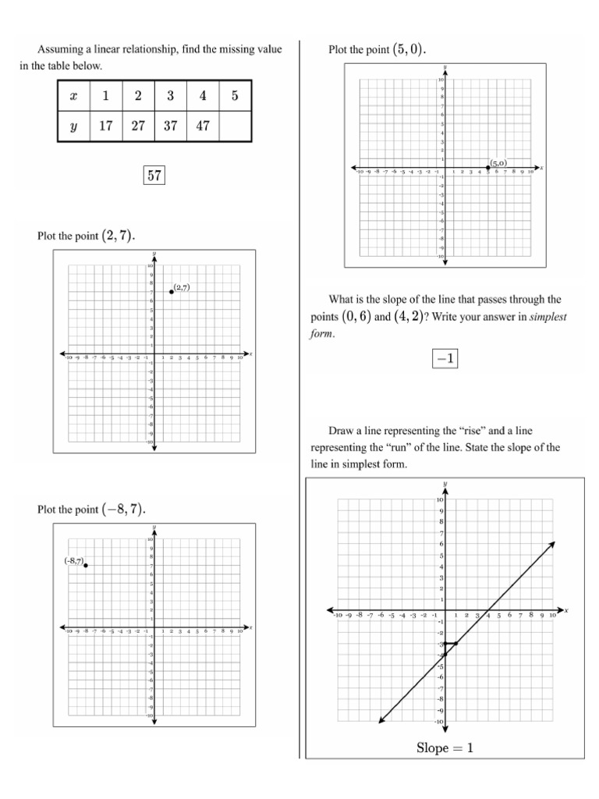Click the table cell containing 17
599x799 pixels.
point(106,126)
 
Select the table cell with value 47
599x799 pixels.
point(203,126)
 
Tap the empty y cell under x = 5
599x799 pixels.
point(236,126)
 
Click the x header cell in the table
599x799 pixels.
point(74,96)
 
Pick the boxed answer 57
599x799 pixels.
point(154,176)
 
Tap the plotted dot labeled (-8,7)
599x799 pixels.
point(86,565)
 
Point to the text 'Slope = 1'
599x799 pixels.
point(445,748)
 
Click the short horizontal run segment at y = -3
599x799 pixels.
point(451,644)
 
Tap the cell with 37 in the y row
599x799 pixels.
point(171,126)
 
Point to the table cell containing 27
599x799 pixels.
point(138,126)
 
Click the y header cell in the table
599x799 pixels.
point(74,126)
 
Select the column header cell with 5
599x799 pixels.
point(236,96)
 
